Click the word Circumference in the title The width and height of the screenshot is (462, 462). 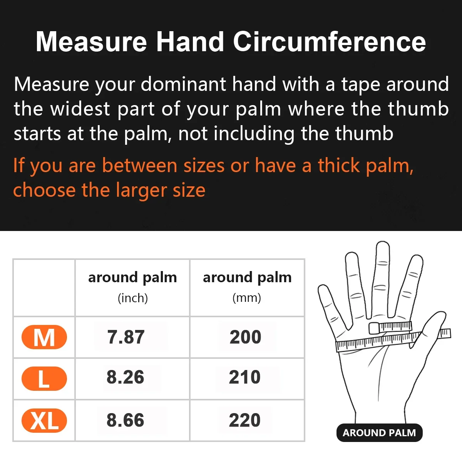[329, 42]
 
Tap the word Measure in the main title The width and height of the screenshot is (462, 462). [92, 42]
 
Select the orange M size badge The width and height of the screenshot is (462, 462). [44, 337]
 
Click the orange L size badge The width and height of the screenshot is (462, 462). [44, 379]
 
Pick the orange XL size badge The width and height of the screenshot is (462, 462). [44, 420]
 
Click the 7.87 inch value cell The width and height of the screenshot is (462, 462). [126, 337]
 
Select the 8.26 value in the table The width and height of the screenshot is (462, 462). [126, 377]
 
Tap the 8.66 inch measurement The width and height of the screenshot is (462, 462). [126, 420]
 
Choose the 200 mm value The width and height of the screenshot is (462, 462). [245, 337]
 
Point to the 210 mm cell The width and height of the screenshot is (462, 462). [245, 377]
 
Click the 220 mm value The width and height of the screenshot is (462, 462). [245, 420]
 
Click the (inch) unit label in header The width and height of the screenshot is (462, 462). [132, 298]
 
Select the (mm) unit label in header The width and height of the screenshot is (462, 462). [247, 298]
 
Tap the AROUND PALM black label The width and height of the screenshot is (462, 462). [379, 433]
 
